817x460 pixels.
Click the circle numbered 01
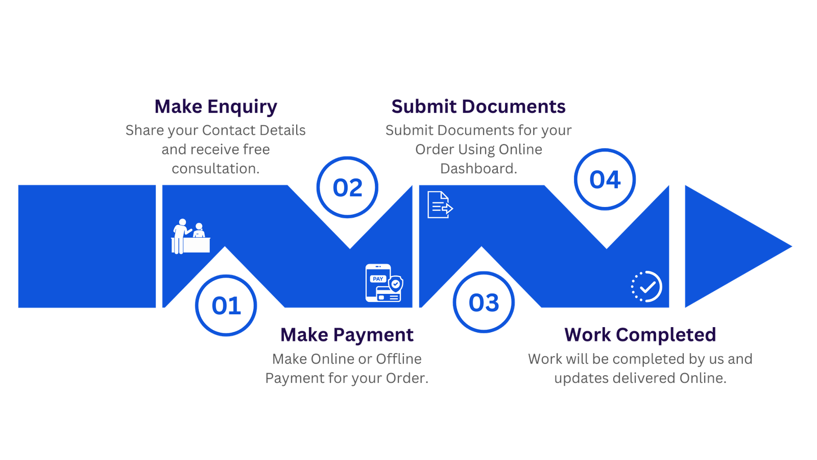[226, 306]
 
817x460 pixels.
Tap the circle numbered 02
[347, 188]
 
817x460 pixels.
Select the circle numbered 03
[484, 303]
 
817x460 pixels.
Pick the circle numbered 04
[605, 179]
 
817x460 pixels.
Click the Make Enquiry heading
[215, 106]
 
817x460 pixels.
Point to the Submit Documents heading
[478, 106]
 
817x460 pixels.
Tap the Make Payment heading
[347, 335]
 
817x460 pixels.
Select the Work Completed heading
[640, 335]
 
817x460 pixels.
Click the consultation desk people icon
[190, 237]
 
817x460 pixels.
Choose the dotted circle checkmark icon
[646, 287]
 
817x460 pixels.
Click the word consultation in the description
[214, 169]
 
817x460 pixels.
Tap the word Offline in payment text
[399, 359]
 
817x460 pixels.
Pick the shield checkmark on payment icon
[396, 284]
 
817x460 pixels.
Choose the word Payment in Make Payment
[373, 335]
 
